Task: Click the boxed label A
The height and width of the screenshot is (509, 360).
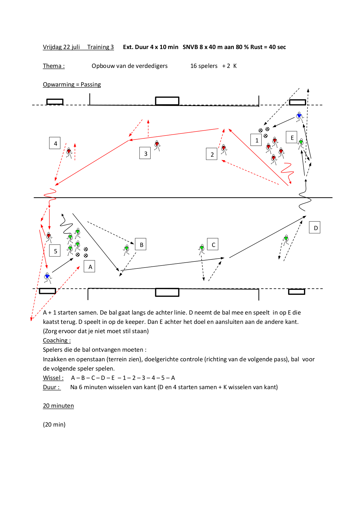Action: pos(89,266)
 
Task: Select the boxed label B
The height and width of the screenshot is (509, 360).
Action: pos(141,244)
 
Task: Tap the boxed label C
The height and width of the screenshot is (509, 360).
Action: pos(213,244)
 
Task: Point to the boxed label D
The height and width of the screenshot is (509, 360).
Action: pos(315,227)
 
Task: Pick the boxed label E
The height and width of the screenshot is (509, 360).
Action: pos(292,137)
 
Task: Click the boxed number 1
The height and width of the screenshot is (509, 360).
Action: pos(256,140)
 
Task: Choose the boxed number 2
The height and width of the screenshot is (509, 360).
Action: pos(212,154)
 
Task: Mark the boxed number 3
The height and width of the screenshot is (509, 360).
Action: pos(145,153)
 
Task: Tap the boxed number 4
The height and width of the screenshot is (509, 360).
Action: pos(55,143)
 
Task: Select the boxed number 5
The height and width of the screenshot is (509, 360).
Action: pos(55,250)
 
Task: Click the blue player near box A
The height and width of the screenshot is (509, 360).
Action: pos(48,277)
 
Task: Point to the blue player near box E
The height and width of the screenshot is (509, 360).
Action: pos(299,117)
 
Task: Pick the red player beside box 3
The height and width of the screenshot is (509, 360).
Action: pos(157,145)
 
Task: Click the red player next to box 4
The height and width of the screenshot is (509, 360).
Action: pos(69,153)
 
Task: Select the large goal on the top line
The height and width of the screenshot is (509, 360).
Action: pos(167,101)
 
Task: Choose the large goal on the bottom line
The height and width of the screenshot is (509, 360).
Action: pos(167,292)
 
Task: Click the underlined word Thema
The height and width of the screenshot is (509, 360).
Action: pos(54,66)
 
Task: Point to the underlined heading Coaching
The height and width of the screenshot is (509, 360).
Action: pos(57,340)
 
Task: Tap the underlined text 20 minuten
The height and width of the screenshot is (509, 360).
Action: pos(58,406)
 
